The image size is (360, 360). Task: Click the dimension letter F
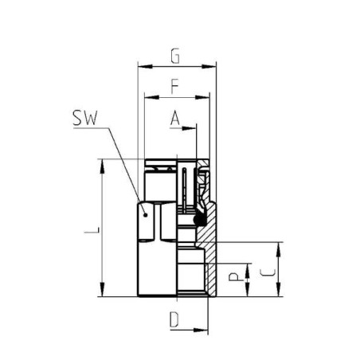(x=175, y=85)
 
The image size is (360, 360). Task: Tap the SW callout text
(x=84, y=119)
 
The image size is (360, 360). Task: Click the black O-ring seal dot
(x=200, y=217)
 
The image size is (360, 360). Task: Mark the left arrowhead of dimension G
(x=142, y=66)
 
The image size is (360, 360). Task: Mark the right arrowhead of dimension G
(x=213, y=66)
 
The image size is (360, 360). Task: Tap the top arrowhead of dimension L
(x=103, y=162)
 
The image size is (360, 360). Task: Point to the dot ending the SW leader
(x=144, y=212)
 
